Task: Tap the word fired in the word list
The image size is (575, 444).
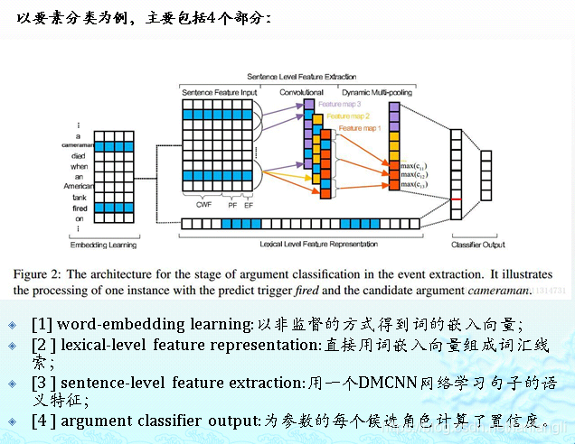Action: pyautogui.click(x=80, y=208)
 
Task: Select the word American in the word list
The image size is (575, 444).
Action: pyautogui.click(x=80, y=187)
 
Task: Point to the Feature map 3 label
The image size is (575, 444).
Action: pyautogui.click(x=339, y=104)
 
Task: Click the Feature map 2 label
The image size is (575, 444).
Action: pyautogui.click(x=348, y=116)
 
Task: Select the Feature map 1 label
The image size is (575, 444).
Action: pyautogui.click(x=360, y=128)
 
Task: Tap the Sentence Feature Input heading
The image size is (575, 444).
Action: pyautogui.click(x=219, y=92)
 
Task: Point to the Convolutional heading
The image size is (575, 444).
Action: pyautogui.click(x=300, y=92)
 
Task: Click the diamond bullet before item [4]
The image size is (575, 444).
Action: pyautogui.click(x=12, y=421)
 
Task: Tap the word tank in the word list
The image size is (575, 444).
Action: pyautogui.click(x=80, y=198)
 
